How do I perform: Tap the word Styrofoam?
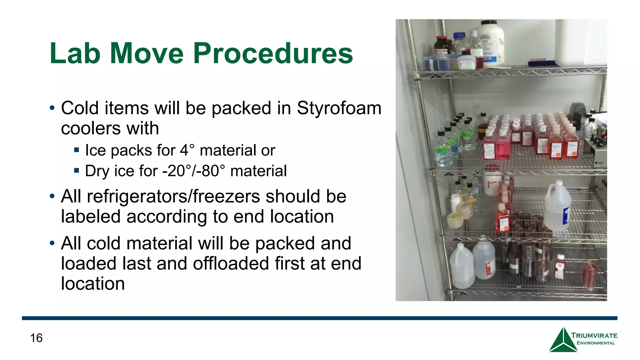coord(339,108)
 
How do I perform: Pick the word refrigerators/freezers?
coord(173,196)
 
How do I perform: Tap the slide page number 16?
coord(36,338)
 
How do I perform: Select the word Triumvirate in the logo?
coord(594,335)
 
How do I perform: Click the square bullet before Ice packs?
coord(77,150)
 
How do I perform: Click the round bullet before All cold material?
coord(52,243)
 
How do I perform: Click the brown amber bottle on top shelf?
coord(442,47)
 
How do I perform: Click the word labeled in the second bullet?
coord(91,217)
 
